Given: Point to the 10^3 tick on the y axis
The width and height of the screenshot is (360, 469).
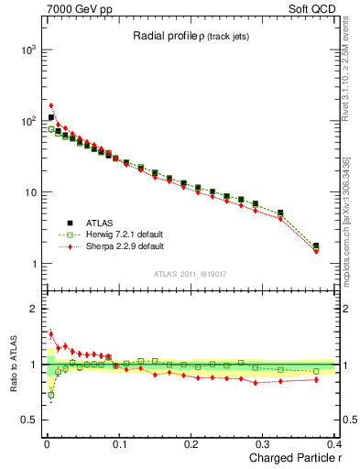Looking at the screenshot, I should click(x=27, y=49).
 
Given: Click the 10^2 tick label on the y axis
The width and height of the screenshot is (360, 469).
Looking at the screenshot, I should click(x=27, y=121).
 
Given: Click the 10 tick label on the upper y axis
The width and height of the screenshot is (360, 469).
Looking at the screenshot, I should click(x=30, y=192).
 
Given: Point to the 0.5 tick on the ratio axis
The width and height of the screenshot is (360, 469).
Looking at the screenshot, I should click(x=30, y=420).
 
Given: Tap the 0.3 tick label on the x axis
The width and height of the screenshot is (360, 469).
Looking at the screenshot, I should click(x=264, y=443).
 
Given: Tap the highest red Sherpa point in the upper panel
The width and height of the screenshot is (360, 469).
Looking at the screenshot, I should click(x=51, y=105).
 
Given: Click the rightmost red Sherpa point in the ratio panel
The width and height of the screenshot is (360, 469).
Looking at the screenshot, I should click(x=316, y=379).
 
